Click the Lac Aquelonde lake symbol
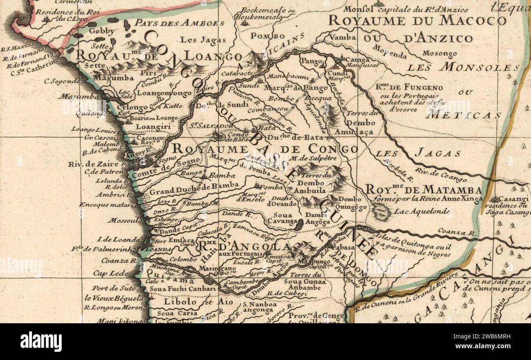(381, 211)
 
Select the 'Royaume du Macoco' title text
(417, 20)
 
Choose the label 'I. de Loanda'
(114, 239)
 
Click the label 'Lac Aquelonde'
(421, 211)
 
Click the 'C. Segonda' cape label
(62, 81)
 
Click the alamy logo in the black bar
(41, 342)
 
